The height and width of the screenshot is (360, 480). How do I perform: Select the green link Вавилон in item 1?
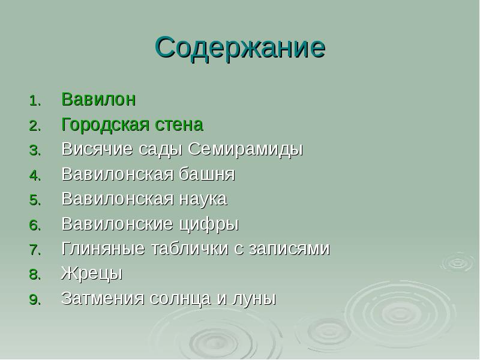pyautogui.click(x=98, y=100)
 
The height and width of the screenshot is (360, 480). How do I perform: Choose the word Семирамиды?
pyautogui.click(x=244, y=149)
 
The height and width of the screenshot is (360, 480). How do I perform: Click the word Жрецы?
pyautogui.click(x=92, y=274)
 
